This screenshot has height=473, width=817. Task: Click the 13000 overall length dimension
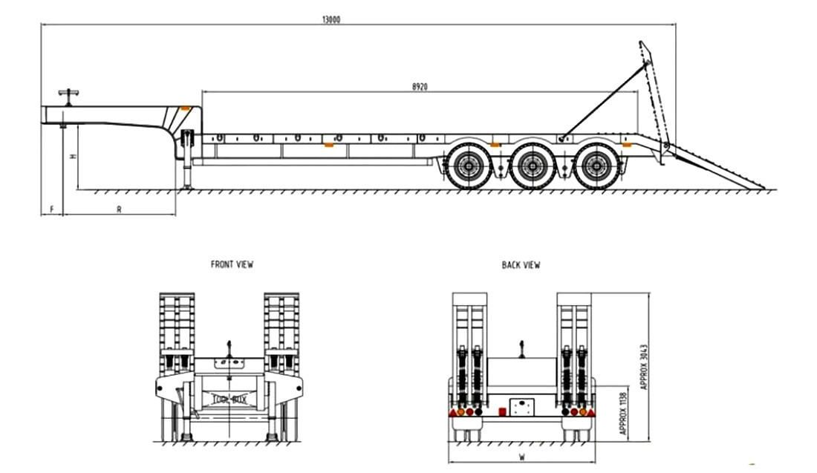tap(331, 20)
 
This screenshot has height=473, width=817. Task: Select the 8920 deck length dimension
tap(420, 86)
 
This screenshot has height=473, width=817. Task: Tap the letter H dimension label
tap(72, 157)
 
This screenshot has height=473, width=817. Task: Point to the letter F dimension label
tap(51, 209)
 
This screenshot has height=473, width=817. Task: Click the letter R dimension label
tap(119, 209)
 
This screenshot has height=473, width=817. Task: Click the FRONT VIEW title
tap(232, 264)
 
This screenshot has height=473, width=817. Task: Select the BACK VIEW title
tap(521, 264)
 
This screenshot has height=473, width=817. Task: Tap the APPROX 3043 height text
tap(644, 366)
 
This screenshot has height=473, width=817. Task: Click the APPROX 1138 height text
tap(622, 411)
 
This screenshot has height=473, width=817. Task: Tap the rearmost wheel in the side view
tap(595, 167)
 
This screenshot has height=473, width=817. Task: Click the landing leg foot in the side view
tap(185, 187)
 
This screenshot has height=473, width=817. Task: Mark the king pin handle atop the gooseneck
tap(69, 94)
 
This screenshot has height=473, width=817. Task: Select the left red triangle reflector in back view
tap(452, 411)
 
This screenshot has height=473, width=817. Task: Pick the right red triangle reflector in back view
tap(591, 411)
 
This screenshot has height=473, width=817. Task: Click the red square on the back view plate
tap(502, 410)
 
